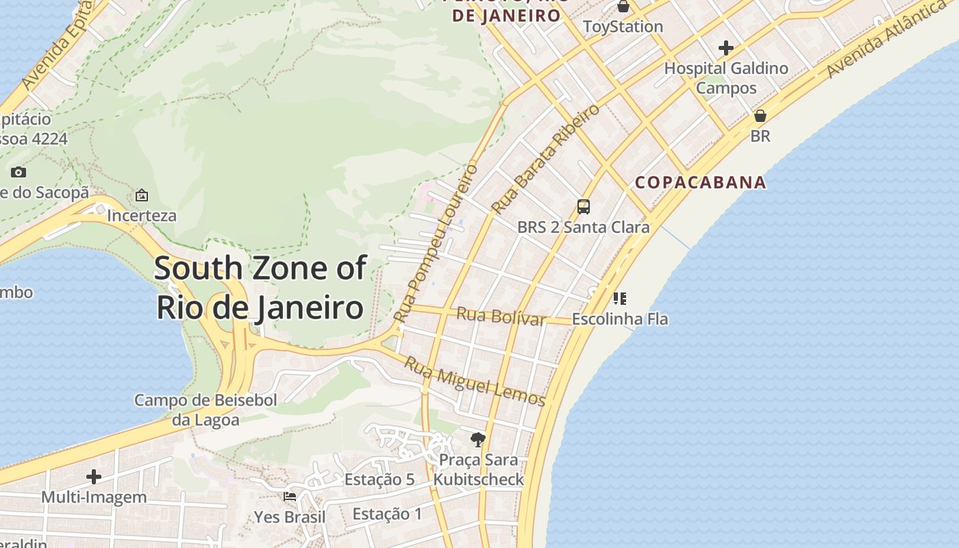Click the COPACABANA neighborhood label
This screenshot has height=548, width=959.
[700, 182]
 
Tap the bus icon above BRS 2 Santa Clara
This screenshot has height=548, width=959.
[583, 206]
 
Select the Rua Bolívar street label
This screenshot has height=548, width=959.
[501, 316]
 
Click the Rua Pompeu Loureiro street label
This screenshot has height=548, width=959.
[436, 244]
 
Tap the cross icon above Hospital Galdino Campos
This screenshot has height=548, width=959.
[726, 48]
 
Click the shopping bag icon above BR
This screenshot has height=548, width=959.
[760, 116]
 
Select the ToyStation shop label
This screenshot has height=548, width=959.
[623, 27]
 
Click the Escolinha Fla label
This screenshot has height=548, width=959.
[620, 319]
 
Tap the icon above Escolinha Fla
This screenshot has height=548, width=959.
[620, 298]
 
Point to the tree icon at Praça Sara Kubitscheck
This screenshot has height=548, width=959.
[478, 439]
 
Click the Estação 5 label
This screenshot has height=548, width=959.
[379, 480]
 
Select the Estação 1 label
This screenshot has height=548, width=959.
[388, 514]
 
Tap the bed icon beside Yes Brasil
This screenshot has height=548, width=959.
[290, 497]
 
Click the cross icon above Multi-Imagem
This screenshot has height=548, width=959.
[94, 476]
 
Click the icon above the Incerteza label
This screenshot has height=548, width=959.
[142, 195]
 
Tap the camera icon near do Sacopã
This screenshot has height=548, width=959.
[18, 172]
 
